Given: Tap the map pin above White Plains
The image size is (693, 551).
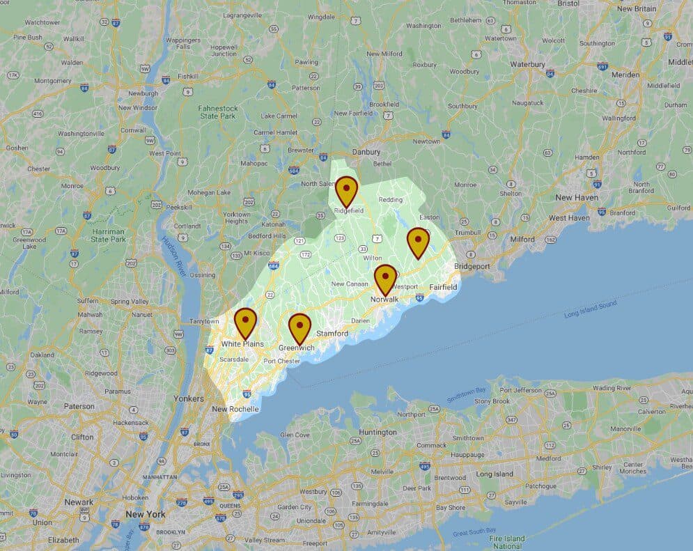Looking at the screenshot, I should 245,321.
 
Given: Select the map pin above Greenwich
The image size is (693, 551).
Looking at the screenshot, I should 299,327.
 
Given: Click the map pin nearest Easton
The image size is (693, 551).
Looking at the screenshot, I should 418,240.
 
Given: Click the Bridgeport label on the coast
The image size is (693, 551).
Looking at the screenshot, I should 472,266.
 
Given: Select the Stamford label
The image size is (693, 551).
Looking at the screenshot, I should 332,334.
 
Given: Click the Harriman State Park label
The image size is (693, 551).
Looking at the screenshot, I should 108,235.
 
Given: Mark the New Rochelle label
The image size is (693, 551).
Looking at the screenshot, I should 235,409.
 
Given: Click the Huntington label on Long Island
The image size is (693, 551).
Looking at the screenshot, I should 378,432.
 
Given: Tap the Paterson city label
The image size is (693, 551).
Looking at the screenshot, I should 78,406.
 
